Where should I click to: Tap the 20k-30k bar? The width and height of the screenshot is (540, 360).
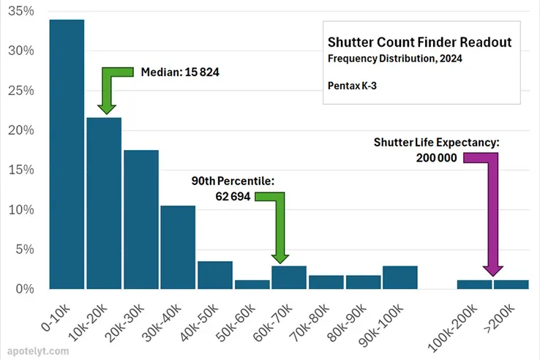pos(141,219)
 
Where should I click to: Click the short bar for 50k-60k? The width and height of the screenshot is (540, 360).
pos(252,285)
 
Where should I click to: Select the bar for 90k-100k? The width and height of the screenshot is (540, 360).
pos(400,277)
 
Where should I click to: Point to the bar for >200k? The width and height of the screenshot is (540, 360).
pos(511,285)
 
